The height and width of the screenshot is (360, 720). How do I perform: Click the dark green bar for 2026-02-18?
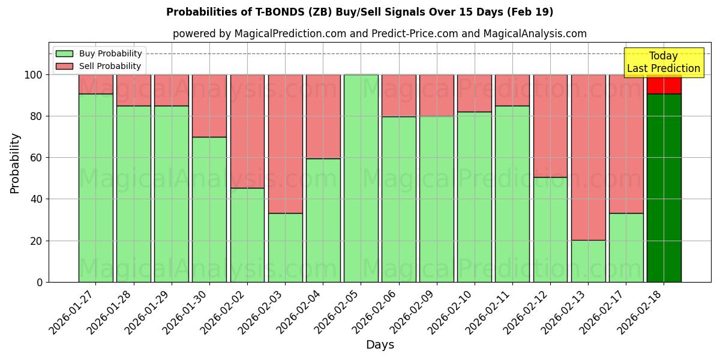pos(664,187)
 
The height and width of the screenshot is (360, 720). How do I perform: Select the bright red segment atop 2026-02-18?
pos(664,85)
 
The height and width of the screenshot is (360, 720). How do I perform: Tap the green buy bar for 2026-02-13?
pos(588,261)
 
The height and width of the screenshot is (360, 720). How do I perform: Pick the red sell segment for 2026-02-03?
pos(285,144)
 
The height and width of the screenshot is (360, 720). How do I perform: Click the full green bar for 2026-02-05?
pos(361,178)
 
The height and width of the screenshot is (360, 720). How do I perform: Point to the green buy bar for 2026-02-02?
pos(247,235)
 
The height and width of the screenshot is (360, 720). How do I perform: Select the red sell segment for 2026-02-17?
pos(626,144)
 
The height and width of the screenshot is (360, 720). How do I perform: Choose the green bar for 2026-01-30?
pos(209,209)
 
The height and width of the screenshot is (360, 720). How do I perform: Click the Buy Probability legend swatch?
pos(64,53)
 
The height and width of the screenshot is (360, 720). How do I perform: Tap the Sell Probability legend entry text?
pos(110,66)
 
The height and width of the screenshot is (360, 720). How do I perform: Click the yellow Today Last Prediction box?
pos(663,62)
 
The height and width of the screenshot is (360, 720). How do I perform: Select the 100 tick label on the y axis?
pos(34,75)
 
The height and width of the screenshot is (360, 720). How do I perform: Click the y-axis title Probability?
pos(15,163)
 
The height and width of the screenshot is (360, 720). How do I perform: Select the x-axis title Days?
pos(380,345)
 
